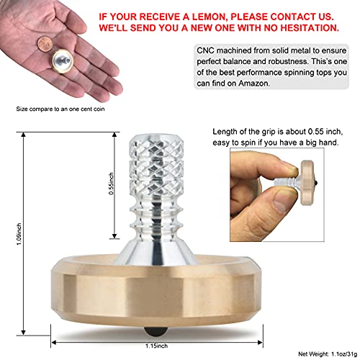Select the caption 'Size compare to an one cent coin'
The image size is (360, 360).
(63, 109)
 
